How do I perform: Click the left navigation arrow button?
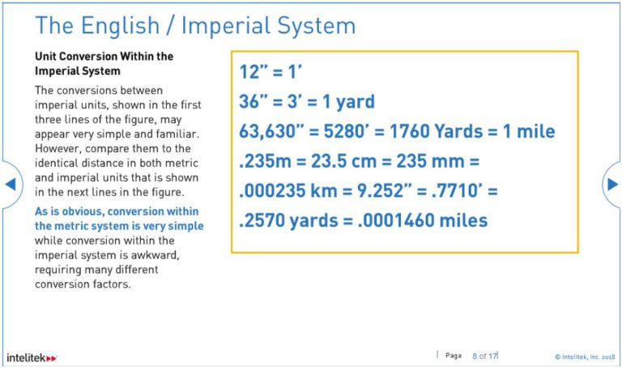11,184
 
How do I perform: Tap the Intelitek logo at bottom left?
32,357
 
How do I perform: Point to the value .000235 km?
280,190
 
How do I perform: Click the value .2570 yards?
288,220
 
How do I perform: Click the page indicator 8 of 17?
484,355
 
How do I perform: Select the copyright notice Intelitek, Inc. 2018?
586,356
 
